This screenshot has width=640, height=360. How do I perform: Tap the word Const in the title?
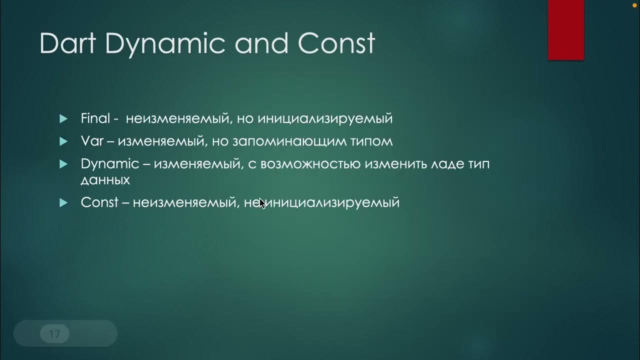point(336,43)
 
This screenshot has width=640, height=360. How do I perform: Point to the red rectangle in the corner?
point(566,29)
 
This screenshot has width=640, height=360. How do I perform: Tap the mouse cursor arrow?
point(262,203)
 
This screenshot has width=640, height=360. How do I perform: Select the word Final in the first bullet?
point(95,118)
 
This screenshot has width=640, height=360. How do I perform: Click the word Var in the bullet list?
point(92,141)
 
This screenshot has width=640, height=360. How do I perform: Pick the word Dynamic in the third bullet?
point(110,164)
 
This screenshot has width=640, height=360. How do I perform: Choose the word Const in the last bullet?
point(99,202)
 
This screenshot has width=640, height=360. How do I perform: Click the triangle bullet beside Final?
point(63,119)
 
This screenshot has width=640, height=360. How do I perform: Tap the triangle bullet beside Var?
point(63,141)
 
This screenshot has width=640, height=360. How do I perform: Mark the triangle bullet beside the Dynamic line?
point(63,164)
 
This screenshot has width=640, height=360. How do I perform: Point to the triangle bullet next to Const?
point(63,202)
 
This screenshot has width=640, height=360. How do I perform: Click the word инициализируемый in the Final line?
point(325,119)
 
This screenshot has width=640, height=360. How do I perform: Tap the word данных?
point(105,180)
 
